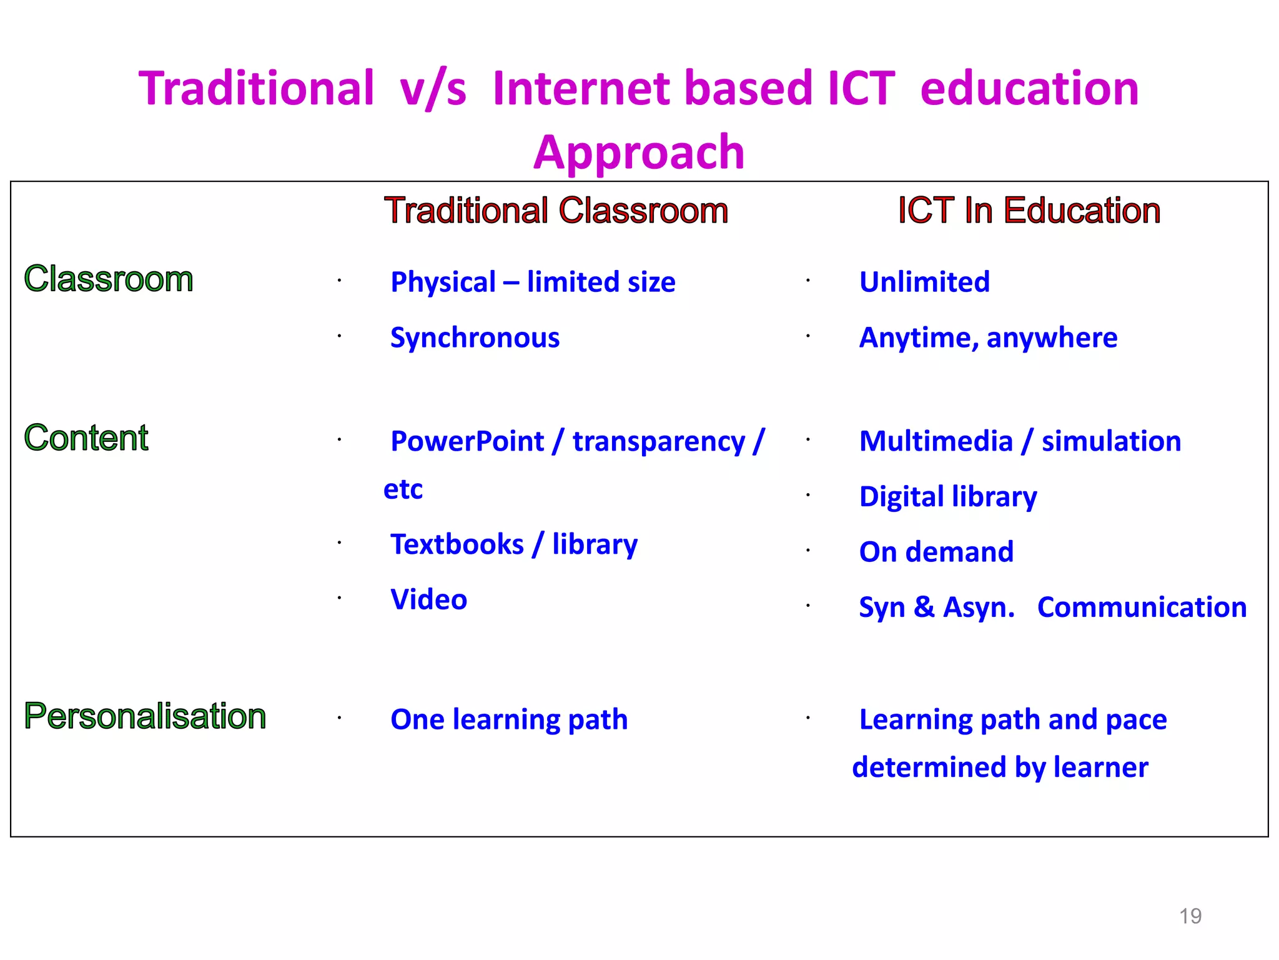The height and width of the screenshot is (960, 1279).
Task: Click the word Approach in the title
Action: point(639,152)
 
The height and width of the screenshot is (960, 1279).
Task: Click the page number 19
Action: point(1190,916)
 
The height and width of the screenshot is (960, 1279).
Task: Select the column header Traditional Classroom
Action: point(556,210)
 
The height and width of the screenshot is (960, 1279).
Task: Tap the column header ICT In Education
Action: point(1029,210)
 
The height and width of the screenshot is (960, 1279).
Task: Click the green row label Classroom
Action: point(109,279)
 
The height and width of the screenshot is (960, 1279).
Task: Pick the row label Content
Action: point(86,437)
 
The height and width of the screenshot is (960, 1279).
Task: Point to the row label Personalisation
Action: point(145,716)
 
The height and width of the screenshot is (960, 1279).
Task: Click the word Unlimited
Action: point(924,282)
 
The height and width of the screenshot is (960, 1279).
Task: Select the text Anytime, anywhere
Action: point(988,337)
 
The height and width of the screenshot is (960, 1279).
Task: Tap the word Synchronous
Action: point(475,337)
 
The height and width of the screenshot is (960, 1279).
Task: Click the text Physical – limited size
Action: point(533,282)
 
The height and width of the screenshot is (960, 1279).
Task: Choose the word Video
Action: point(428,599)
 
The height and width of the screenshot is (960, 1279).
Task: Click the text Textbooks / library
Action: point(514,544)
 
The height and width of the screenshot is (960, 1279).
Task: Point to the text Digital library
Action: point(948,497)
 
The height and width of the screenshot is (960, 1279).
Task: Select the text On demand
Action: point(936,552)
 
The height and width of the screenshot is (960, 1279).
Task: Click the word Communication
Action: point(1142,607)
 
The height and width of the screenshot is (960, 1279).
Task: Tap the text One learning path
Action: point(509,719)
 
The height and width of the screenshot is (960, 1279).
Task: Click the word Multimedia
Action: point(936,441)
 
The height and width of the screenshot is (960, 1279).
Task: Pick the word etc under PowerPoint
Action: point(403,489)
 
